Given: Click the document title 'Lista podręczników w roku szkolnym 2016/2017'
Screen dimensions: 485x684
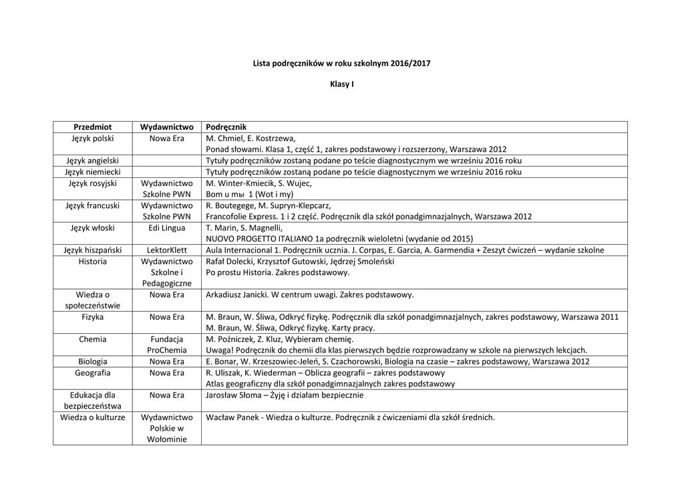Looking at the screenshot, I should pos(341,64).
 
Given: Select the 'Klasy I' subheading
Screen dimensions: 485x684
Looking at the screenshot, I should pos(341,86).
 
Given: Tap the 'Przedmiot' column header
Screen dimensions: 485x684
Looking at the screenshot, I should pos(92,127).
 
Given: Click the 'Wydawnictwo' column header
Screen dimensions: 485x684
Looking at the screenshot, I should pos(166,127).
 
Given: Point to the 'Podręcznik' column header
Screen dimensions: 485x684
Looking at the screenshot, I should pos(226,127).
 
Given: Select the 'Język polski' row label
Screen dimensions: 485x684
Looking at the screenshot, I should pos(92,138).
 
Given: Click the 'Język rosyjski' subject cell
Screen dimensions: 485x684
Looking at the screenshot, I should pos(92,183).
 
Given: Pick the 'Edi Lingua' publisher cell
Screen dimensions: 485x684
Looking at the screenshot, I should pos(166,228).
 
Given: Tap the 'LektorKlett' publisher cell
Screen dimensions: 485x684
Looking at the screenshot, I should pos(166,250).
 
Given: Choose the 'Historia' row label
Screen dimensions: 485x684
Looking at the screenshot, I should pos(92,262).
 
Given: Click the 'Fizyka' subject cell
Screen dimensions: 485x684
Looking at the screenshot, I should pos(92,317).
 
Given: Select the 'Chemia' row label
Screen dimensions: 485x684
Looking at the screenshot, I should pos(92,339).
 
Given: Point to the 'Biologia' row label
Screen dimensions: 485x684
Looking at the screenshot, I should pos(92,362).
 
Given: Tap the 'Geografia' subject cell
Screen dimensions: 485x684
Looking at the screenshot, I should pos(92,373).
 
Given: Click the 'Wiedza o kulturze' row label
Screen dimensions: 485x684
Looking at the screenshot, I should pos(92,417).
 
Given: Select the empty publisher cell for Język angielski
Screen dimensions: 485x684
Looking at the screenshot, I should pos(166,161).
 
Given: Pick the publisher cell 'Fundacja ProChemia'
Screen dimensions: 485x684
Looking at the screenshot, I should pos(166,345).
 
